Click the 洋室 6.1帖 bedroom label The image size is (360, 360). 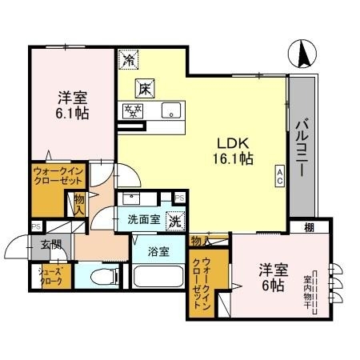coord(72,106)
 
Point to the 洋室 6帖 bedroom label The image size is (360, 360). coord(272,277)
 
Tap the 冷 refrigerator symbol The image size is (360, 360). coord(128,58)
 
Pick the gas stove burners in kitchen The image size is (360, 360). coord(132,110)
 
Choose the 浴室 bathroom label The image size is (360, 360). coord(158,252)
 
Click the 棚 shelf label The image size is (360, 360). coord(308,229)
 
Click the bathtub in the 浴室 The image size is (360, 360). coord(158,278)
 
